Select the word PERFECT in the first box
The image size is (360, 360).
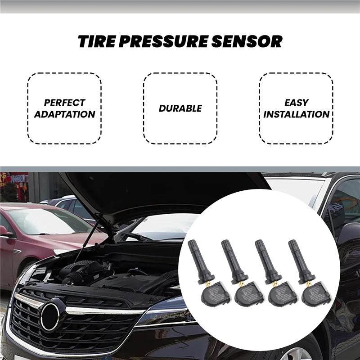tap(65, 103)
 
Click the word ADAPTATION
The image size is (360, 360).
tap(65, 114)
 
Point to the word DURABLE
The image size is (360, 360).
tap(180, 108)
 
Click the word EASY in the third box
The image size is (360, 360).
tap(296, 103)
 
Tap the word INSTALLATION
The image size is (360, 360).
tap(296, 114)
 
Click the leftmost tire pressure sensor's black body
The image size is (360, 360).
tap(212, 292)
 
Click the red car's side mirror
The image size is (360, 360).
tap(4, 232)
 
